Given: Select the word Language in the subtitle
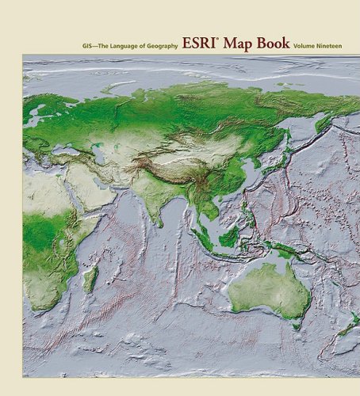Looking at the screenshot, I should coord(124,47).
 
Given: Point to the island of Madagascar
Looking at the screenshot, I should coord(92,278).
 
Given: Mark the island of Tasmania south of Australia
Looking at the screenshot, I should coord(295,324).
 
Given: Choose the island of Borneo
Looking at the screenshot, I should coord(229,236).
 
